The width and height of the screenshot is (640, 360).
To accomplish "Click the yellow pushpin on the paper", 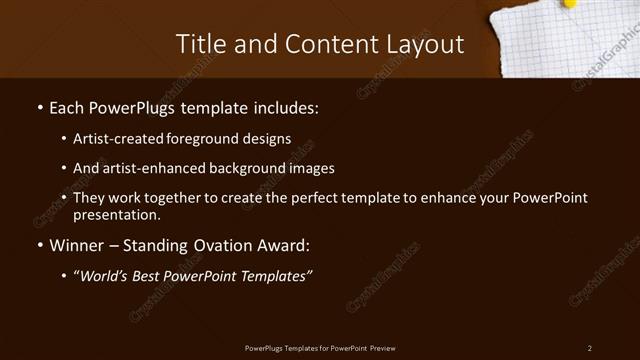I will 571,4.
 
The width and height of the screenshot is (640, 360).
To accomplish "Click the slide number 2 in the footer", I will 590,347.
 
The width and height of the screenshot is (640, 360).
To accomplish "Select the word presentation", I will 115,214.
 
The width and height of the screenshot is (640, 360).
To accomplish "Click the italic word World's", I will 108,276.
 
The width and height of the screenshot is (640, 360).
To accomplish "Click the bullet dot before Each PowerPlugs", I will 39,106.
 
